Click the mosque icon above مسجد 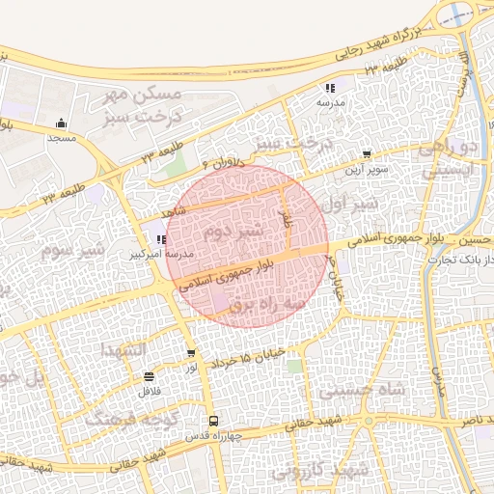point(62,123)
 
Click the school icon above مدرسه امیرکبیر point(161,240)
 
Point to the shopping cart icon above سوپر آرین point(367,154)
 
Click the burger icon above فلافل point(148,377)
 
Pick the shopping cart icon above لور point(191,354)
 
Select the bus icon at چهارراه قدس point(213,421)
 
